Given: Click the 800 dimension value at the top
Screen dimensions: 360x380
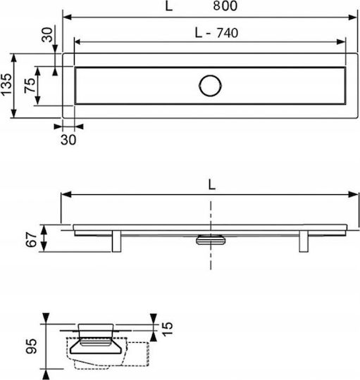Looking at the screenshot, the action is tap(225, 6).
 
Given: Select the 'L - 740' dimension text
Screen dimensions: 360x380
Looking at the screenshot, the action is tap(216, 33).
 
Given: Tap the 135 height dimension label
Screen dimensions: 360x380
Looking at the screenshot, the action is tap(6, 84).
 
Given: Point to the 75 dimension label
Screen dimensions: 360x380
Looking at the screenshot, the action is tap(30, 86).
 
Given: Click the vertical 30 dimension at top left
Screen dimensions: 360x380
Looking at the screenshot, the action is tap(47, 34).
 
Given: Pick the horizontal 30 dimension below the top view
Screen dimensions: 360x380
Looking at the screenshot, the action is tap(68, 140).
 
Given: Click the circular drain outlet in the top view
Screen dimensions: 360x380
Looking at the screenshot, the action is tap(210, 86).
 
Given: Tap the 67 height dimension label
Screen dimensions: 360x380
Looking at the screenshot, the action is tap(32, 239).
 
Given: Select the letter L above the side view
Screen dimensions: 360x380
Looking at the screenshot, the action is tap(211, 185).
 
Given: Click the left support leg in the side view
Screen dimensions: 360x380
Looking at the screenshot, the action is tap(116, 241).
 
